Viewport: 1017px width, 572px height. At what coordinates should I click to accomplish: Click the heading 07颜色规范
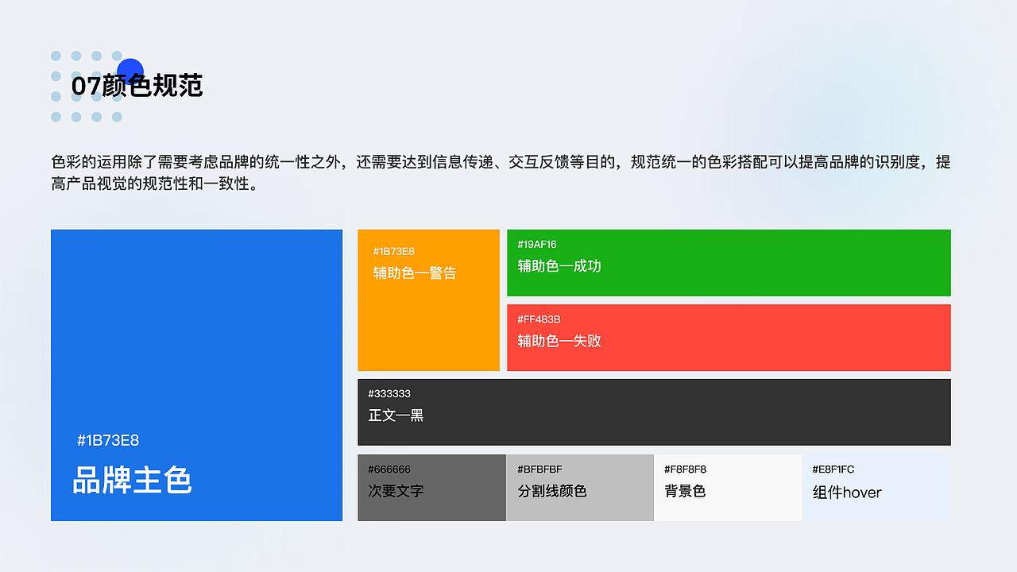137,86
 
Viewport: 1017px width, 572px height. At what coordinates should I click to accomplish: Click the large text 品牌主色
133,481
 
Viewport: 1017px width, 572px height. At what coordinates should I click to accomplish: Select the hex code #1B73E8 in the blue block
108,440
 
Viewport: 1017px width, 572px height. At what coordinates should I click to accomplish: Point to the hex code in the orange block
394,251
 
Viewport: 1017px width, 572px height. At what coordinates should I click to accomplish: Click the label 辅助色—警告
415,273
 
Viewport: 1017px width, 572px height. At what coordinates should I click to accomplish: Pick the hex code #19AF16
537,244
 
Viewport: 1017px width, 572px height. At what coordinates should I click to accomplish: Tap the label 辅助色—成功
559,266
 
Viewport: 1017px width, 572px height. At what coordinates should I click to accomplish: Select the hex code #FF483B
539,319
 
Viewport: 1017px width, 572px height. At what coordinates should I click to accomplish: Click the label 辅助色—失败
559,341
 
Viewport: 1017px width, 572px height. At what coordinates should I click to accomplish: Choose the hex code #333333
389,394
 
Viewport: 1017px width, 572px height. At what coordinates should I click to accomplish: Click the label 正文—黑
396,415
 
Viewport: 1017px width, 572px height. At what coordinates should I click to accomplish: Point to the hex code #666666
389,470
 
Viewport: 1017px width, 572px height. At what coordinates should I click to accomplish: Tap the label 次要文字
396,491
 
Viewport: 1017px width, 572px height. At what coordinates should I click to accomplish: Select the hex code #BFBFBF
539,470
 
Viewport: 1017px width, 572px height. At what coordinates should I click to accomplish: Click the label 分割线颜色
552,491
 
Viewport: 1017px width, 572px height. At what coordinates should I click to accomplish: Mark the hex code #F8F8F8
685,470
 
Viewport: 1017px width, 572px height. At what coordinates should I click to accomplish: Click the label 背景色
685,491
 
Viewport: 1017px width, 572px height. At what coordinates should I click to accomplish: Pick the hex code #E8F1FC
833,470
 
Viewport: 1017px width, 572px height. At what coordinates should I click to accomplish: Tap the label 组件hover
847,493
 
